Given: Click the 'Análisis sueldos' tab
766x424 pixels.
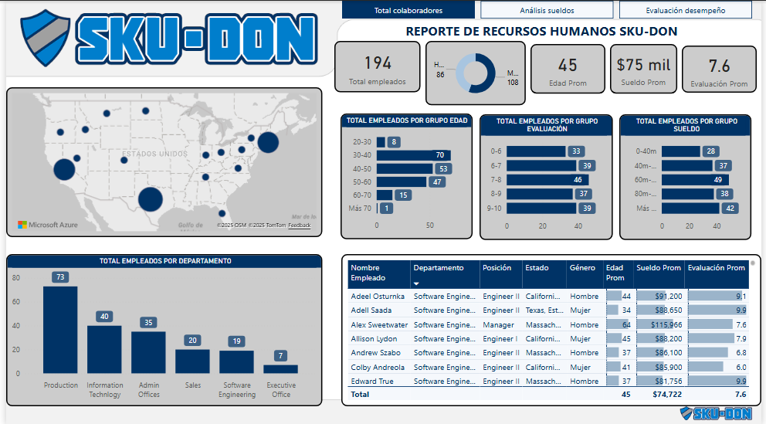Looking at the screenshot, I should pyautogui.click(x=547, y=10).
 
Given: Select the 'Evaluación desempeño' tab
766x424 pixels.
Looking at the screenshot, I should pyautogui.click(x=685, y=10).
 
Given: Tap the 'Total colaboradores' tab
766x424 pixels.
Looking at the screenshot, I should pyautogui.click(x=408, y=10).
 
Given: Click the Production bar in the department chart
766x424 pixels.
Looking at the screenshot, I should pyautogui.click(x=60, y=330).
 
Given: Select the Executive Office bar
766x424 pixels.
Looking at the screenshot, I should pyautogui.click(x=280, y=369).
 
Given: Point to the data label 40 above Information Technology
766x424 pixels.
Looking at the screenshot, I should pyautogui.click(x=104, y=317).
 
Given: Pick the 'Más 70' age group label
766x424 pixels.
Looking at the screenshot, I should pyautogui.click(x=361, y=209).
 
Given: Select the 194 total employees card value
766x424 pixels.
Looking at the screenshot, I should pyautogui.click(x=378, y=63).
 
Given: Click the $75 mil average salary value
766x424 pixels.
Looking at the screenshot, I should pyautogui.click(x=643, y=65).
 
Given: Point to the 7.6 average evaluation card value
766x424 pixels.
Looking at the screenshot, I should pyautogui.click(x=719, y=66).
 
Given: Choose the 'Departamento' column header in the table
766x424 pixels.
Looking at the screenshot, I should pyautogui.click(x=439, y=268).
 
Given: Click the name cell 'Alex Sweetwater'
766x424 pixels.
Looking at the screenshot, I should pyautogui.click(x=379, y=324).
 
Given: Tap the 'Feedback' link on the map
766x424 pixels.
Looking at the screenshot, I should pyautogui.click(x=300, y=226).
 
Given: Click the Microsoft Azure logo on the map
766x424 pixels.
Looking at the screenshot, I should pyautogui.click(x=48, y=225).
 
